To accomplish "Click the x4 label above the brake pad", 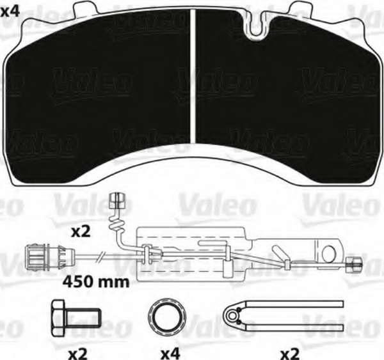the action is point(10,12).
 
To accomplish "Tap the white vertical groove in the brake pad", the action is point(193,76).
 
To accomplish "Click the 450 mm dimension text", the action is point(96,282).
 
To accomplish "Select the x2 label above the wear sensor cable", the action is point(81,232).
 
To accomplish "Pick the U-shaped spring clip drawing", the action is point(283,316).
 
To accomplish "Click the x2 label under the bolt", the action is point(77,354).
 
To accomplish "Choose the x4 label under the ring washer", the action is point(170,354).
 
